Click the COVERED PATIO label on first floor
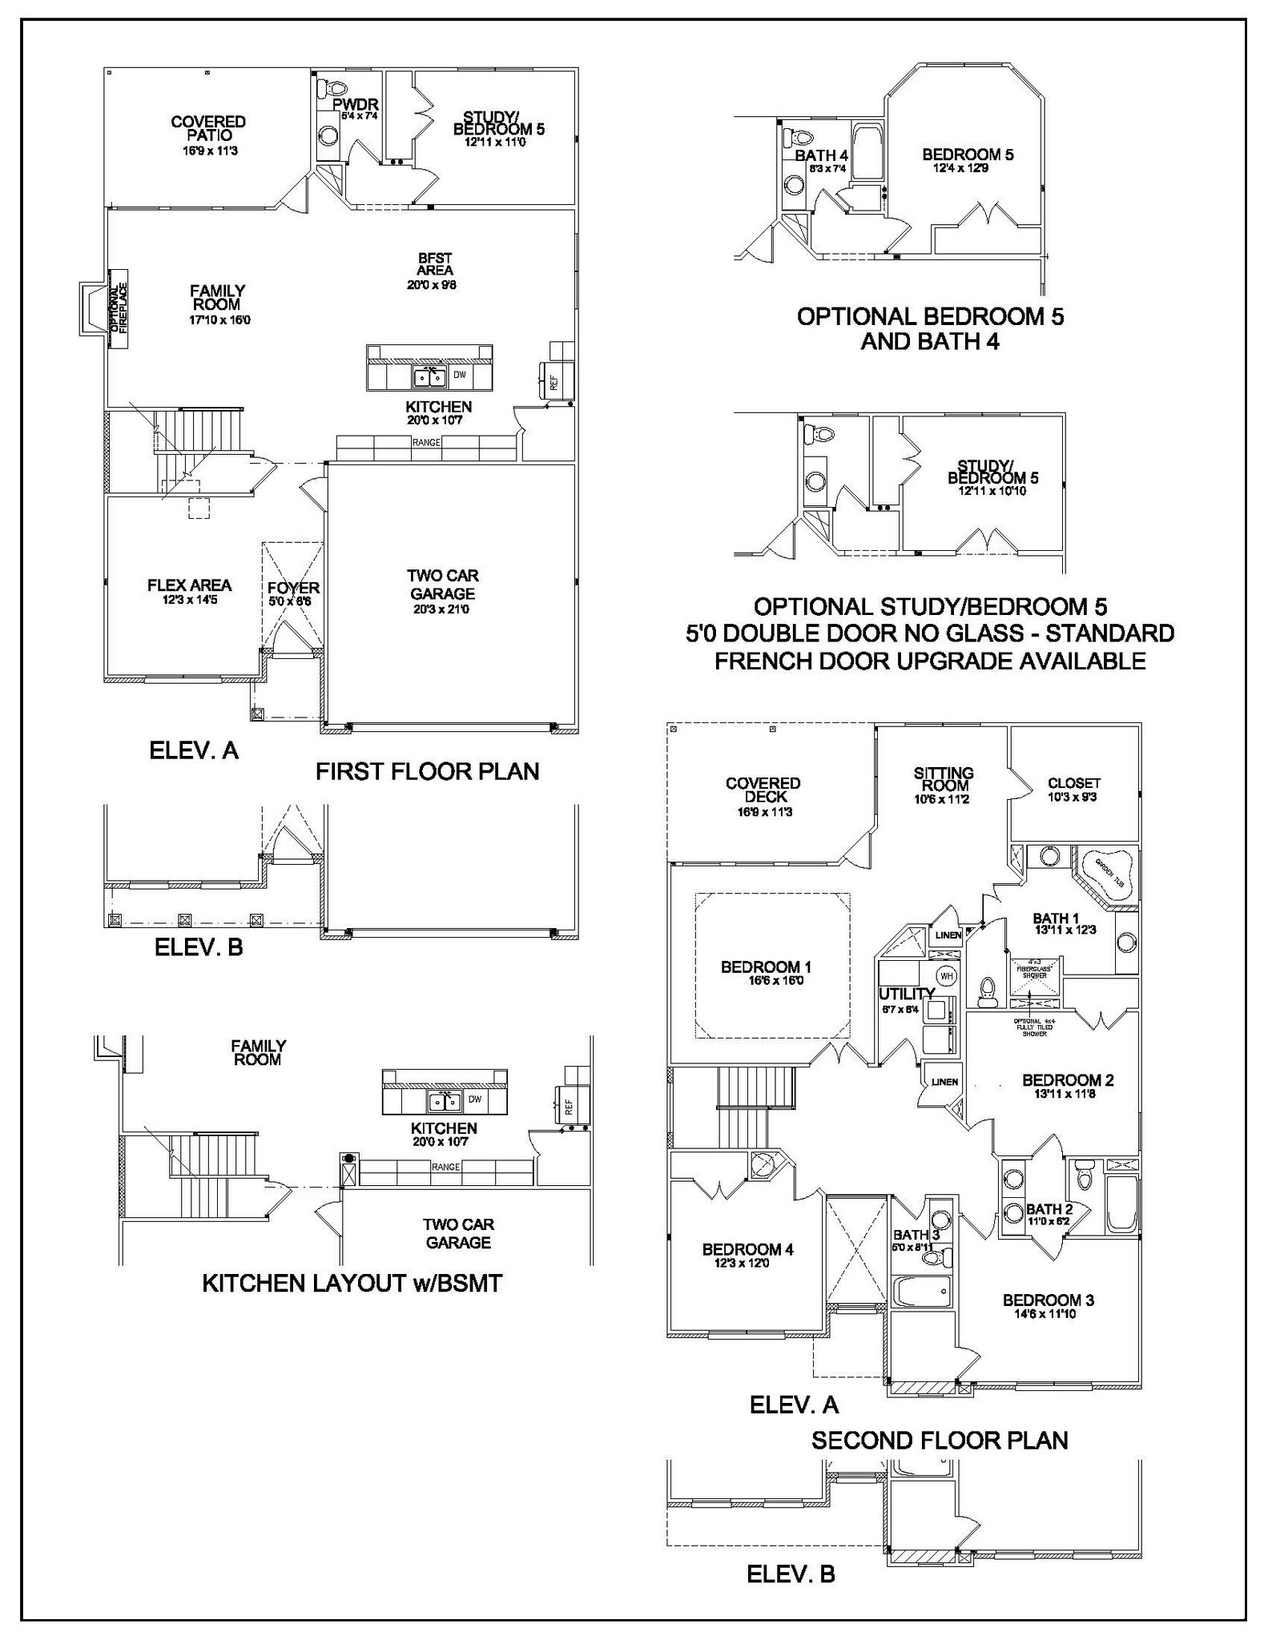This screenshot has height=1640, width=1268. (x=208, y=129)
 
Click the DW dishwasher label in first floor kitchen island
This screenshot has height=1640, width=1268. (x=460, y=375)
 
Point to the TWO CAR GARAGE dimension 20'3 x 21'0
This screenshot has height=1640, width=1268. (x=442, y=609)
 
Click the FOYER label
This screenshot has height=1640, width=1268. (x=293, y=589)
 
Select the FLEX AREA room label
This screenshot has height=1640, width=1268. (x=189, y=586)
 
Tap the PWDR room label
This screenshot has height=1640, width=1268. (x=355, y=105)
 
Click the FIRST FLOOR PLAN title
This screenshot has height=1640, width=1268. (x=427, y=771)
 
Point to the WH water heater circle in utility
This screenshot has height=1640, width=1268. (x=946, y=977)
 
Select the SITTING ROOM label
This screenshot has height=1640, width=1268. (x=944, y=779)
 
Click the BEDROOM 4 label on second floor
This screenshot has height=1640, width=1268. (x=747, y=1249)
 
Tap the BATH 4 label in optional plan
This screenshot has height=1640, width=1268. (x=821, y=155)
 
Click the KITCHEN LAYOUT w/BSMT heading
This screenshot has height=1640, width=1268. (x=352, y=1283)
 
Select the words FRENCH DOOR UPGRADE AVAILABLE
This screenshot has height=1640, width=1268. (x=929, y=661)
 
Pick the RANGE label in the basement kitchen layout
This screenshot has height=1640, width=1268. (x=445, y=1167)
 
